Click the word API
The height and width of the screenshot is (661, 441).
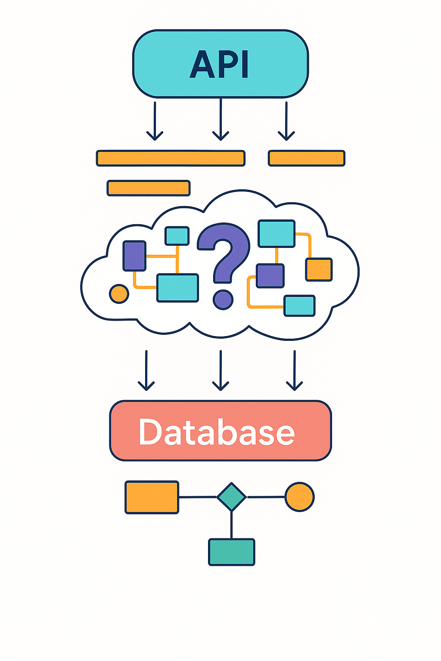point(220,65)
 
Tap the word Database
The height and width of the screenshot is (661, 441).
point(217,432)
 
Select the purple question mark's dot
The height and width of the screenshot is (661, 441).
point(223,299)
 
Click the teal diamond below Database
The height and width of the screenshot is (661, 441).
point(231,497)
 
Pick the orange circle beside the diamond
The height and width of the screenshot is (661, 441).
point(300,497)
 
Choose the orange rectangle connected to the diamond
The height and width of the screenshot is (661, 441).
point(152,497)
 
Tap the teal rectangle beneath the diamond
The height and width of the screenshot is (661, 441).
point(232,552)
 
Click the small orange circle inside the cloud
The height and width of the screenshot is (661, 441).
point(119,293)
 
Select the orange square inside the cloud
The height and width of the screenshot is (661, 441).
point(319,269)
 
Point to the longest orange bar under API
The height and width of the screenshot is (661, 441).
point(171,158)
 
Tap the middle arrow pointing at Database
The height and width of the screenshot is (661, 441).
point(220,370)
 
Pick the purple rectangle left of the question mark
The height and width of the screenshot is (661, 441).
point(134,256)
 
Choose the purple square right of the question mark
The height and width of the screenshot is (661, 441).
point(270,276)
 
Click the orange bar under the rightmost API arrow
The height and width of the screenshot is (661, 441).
point(307,158)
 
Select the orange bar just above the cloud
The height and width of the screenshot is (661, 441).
point(149,188)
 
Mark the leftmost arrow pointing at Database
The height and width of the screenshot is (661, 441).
point(146,370)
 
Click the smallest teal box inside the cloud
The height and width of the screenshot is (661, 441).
point(177,236)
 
